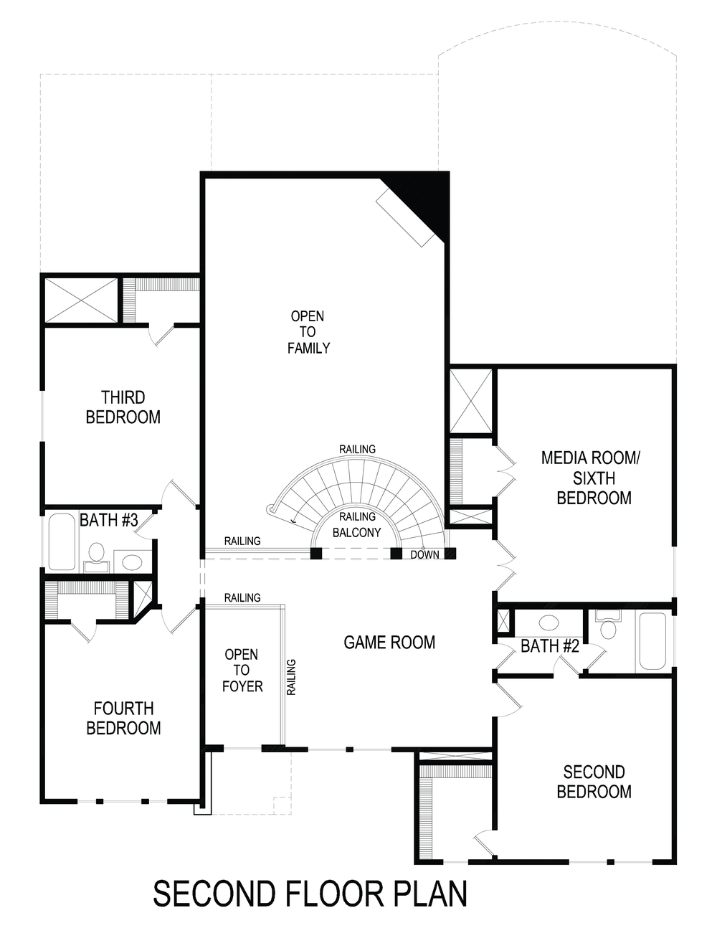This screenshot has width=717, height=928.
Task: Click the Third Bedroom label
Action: [123, 407]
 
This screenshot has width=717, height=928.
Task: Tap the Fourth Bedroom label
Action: [123, 718]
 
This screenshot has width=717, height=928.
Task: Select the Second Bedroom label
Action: [594, 782]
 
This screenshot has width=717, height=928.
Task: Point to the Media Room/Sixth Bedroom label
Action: [594, 478]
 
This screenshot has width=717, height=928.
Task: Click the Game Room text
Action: [389, 642]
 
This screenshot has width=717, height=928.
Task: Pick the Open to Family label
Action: [308, 332]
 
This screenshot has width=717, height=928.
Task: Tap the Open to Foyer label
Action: [242, 671]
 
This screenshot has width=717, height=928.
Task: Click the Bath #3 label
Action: [108, 520]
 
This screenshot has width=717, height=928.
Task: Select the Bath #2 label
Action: [549, 646]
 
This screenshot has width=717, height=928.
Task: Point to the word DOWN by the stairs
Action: [425, 554]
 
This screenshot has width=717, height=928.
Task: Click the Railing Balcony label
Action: [357, 524]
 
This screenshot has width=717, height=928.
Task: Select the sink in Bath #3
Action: [132, 560]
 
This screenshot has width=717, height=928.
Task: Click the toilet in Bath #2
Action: [609, 626]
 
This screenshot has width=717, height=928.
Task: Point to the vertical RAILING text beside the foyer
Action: [292, 677]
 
